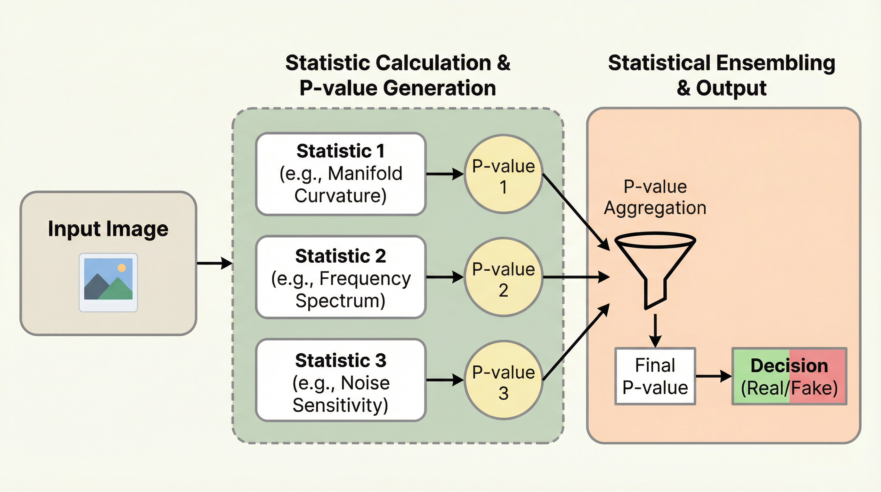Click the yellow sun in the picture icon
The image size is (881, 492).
point(121,268)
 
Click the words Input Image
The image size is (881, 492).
point(108,229)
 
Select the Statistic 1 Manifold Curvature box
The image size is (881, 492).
point(341,174)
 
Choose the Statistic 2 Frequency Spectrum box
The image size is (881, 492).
point(341,277)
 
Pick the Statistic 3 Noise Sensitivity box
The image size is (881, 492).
point(341,380)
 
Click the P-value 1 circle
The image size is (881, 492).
point(503,174)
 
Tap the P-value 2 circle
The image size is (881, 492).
point(503,277)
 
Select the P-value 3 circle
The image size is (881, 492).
point(503,380)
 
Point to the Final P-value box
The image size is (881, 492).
point(655,376)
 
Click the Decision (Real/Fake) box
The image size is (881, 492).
point(789,376)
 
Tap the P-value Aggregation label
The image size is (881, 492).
point(655,197)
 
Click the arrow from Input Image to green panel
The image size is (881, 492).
point(214,263)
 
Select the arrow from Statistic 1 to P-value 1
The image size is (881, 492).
point(445,174)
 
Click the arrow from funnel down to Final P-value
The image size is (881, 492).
point(655,330)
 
